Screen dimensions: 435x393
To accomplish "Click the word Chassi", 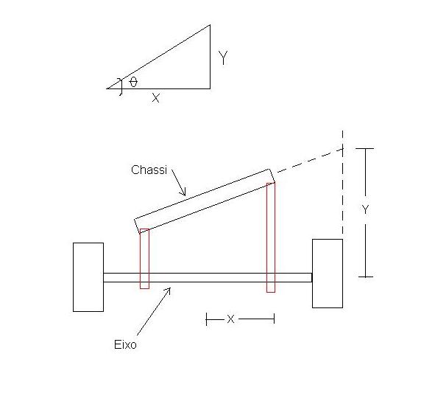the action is click(x=149, y=170).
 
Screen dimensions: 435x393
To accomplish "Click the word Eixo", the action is click(x=125, y=344).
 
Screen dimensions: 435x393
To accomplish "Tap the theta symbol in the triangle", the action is click(x=133, y=82).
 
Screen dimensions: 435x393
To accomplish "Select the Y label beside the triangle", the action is click(x=223, y=58).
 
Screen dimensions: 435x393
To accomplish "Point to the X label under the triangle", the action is click(x=156, y=98).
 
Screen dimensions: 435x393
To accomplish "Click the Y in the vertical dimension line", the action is click(x=365, y=209).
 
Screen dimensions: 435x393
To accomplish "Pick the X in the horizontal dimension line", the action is click(x=230, y=319).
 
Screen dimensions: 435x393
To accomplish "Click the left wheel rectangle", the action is click(x=88, y=277).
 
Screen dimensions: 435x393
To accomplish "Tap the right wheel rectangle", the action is click(x=328, y=274).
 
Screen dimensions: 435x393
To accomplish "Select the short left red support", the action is click(x=144, y=259).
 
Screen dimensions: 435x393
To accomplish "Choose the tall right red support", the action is click(x=271, y=237).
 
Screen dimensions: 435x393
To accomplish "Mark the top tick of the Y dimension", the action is click(x=365, y=149).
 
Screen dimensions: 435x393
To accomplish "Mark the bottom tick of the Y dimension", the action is click(x=365, y=277).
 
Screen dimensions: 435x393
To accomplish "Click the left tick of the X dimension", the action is click(x=206, y=319).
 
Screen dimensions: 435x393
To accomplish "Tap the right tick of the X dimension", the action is click(x=274, y=319).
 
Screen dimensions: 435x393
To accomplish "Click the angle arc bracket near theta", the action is click(x=121, y=87).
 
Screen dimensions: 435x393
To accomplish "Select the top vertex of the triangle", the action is click(x=210, y=25).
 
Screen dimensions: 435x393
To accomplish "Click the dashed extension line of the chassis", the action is click(x=310, y=160).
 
